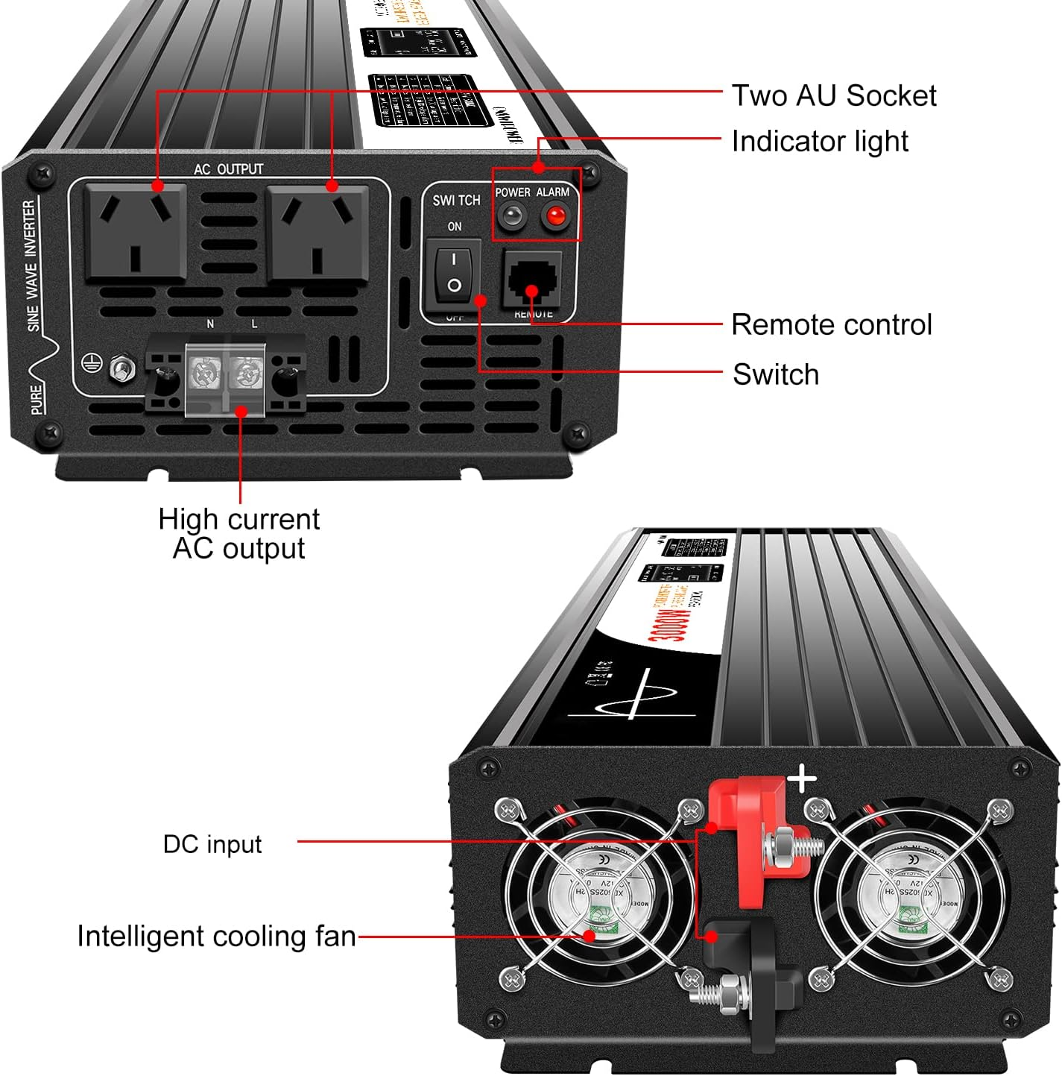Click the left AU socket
(135, 233)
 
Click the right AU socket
(317, 233)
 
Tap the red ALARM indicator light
(555, 217)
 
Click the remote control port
(532, 279)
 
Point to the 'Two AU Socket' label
(833, 96)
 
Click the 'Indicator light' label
(819, 142)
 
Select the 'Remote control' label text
(831, 325)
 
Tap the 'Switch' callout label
(775, 374)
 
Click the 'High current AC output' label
(238, 534)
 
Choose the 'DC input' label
(212, 844)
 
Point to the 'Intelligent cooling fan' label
(216, 937)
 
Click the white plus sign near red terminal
(802, 779)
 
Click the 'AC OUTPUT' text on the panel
(228, 169)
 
